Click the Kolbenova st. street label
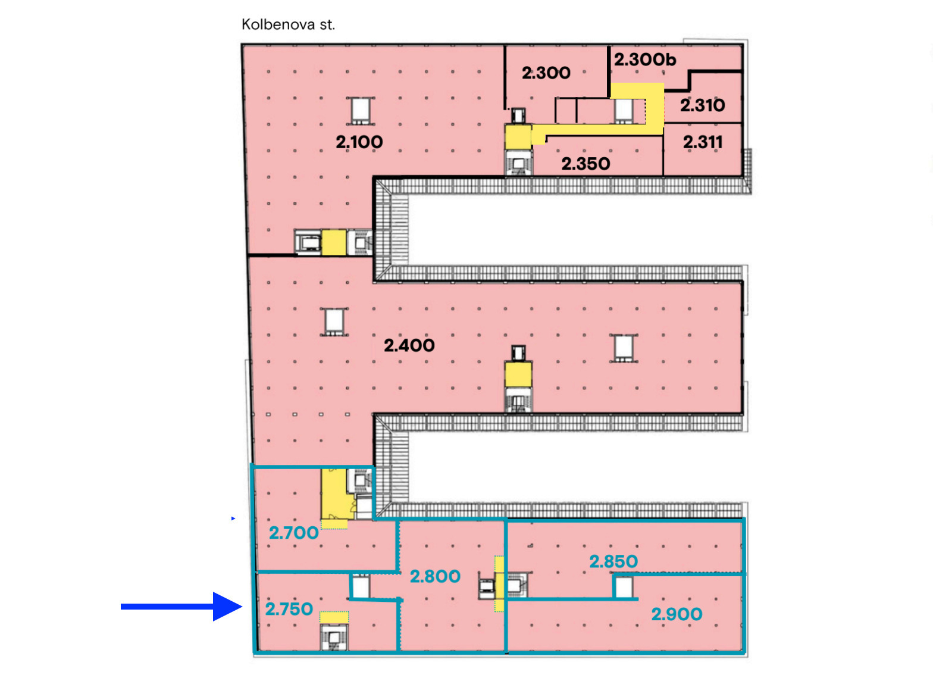coord(288,24)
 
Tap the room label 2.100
coord(359,142)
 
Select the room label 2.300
coord(546,73)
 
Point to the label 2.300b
coord(645,60)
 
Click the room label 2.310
coord(703,105)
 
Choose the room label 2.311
coord(703,142)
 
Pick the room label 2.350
coord(586,164)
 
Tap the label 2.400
coord(409,345)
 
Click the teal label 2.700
coord(294,533)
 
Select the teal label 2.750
coord(289,610)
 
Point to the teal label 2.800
coord(436,576)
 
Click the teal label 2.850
coord(613,561)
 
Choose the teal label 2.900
coord(677,614)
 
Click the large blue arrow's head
coord(227,607)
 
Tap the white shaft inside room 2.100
coord(361,111)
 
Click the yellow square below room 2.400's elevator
coord(518,374)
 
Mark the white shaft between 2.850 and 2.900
coord(623,587)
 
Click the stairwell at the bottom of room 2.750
coord(333,637)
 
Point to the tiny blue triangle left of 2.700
coord(233,518)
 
